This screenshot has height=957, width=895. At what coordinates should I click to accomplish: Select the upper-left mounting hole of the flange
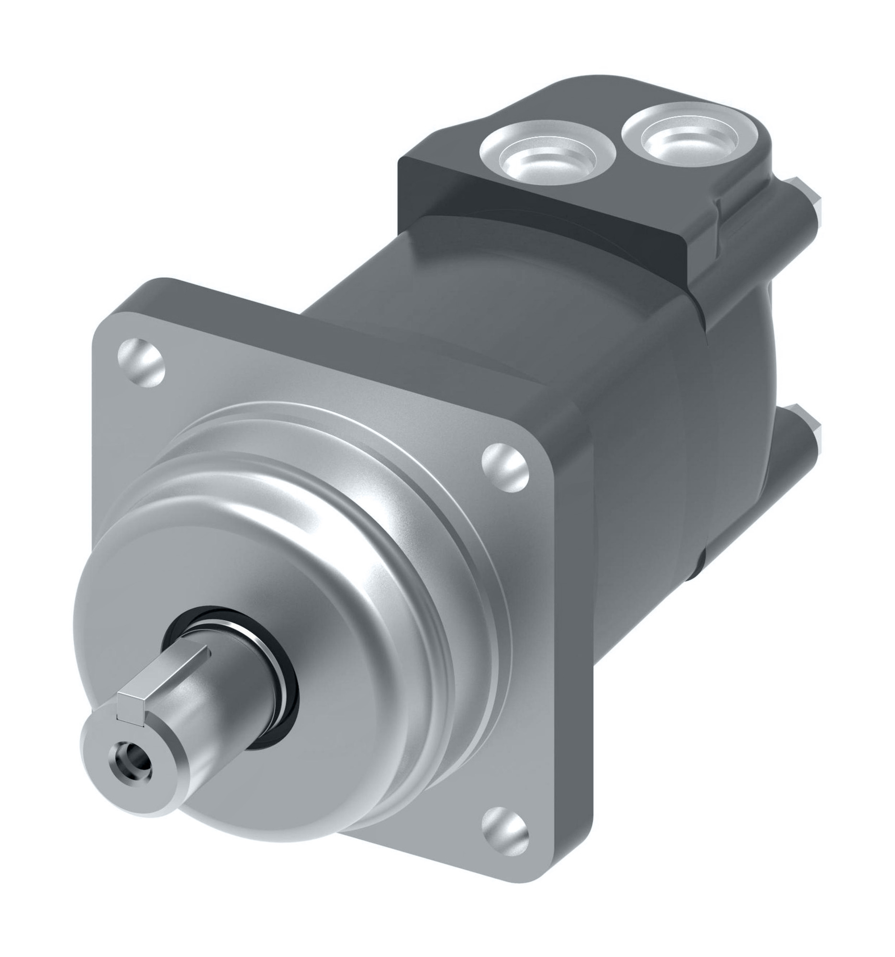coord(141,362)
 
